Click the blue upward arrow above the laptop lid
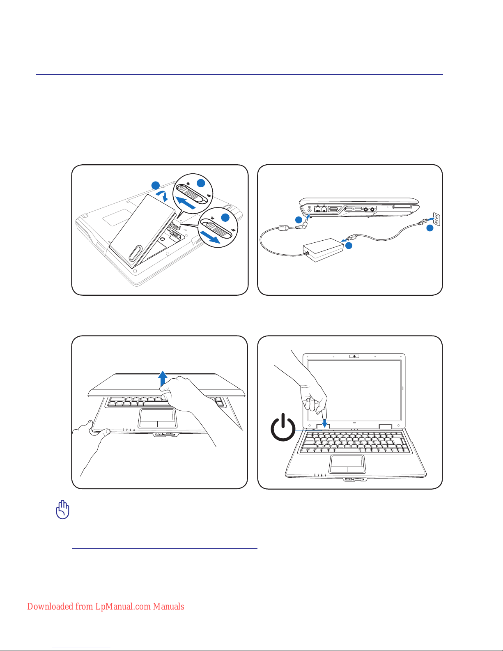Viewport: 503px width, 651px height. [163, 379]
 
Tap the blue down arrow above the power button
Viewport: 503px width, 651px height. [324, 423]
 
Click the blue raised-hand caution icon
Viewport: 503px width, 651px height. [62, 509]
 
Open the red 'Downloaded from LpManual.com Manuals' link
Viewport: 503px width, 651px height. [106, 606]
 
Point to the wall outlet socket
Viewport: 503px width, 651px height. [436, 220]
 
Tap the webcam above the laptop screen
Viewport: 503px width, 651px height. [354, 356]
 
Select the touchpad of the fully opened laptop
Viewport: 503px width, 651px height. [348, 464]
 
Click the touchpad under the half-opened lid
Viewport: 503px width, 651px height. [158, 418]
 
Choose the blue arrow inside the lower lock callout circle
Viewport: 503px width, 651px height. [210, 237]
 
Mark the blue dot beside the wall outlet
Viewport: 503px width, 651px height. [430, 228]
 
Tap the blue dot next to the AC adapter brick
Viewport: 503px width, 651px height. [349, 246]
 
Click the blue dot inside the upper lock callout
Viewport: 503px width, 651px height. [201, 183]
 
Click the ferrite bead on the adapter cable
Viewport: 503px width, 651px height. [283, 228]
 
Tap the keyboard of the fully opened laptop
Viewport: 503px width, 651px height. [354, 442]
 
